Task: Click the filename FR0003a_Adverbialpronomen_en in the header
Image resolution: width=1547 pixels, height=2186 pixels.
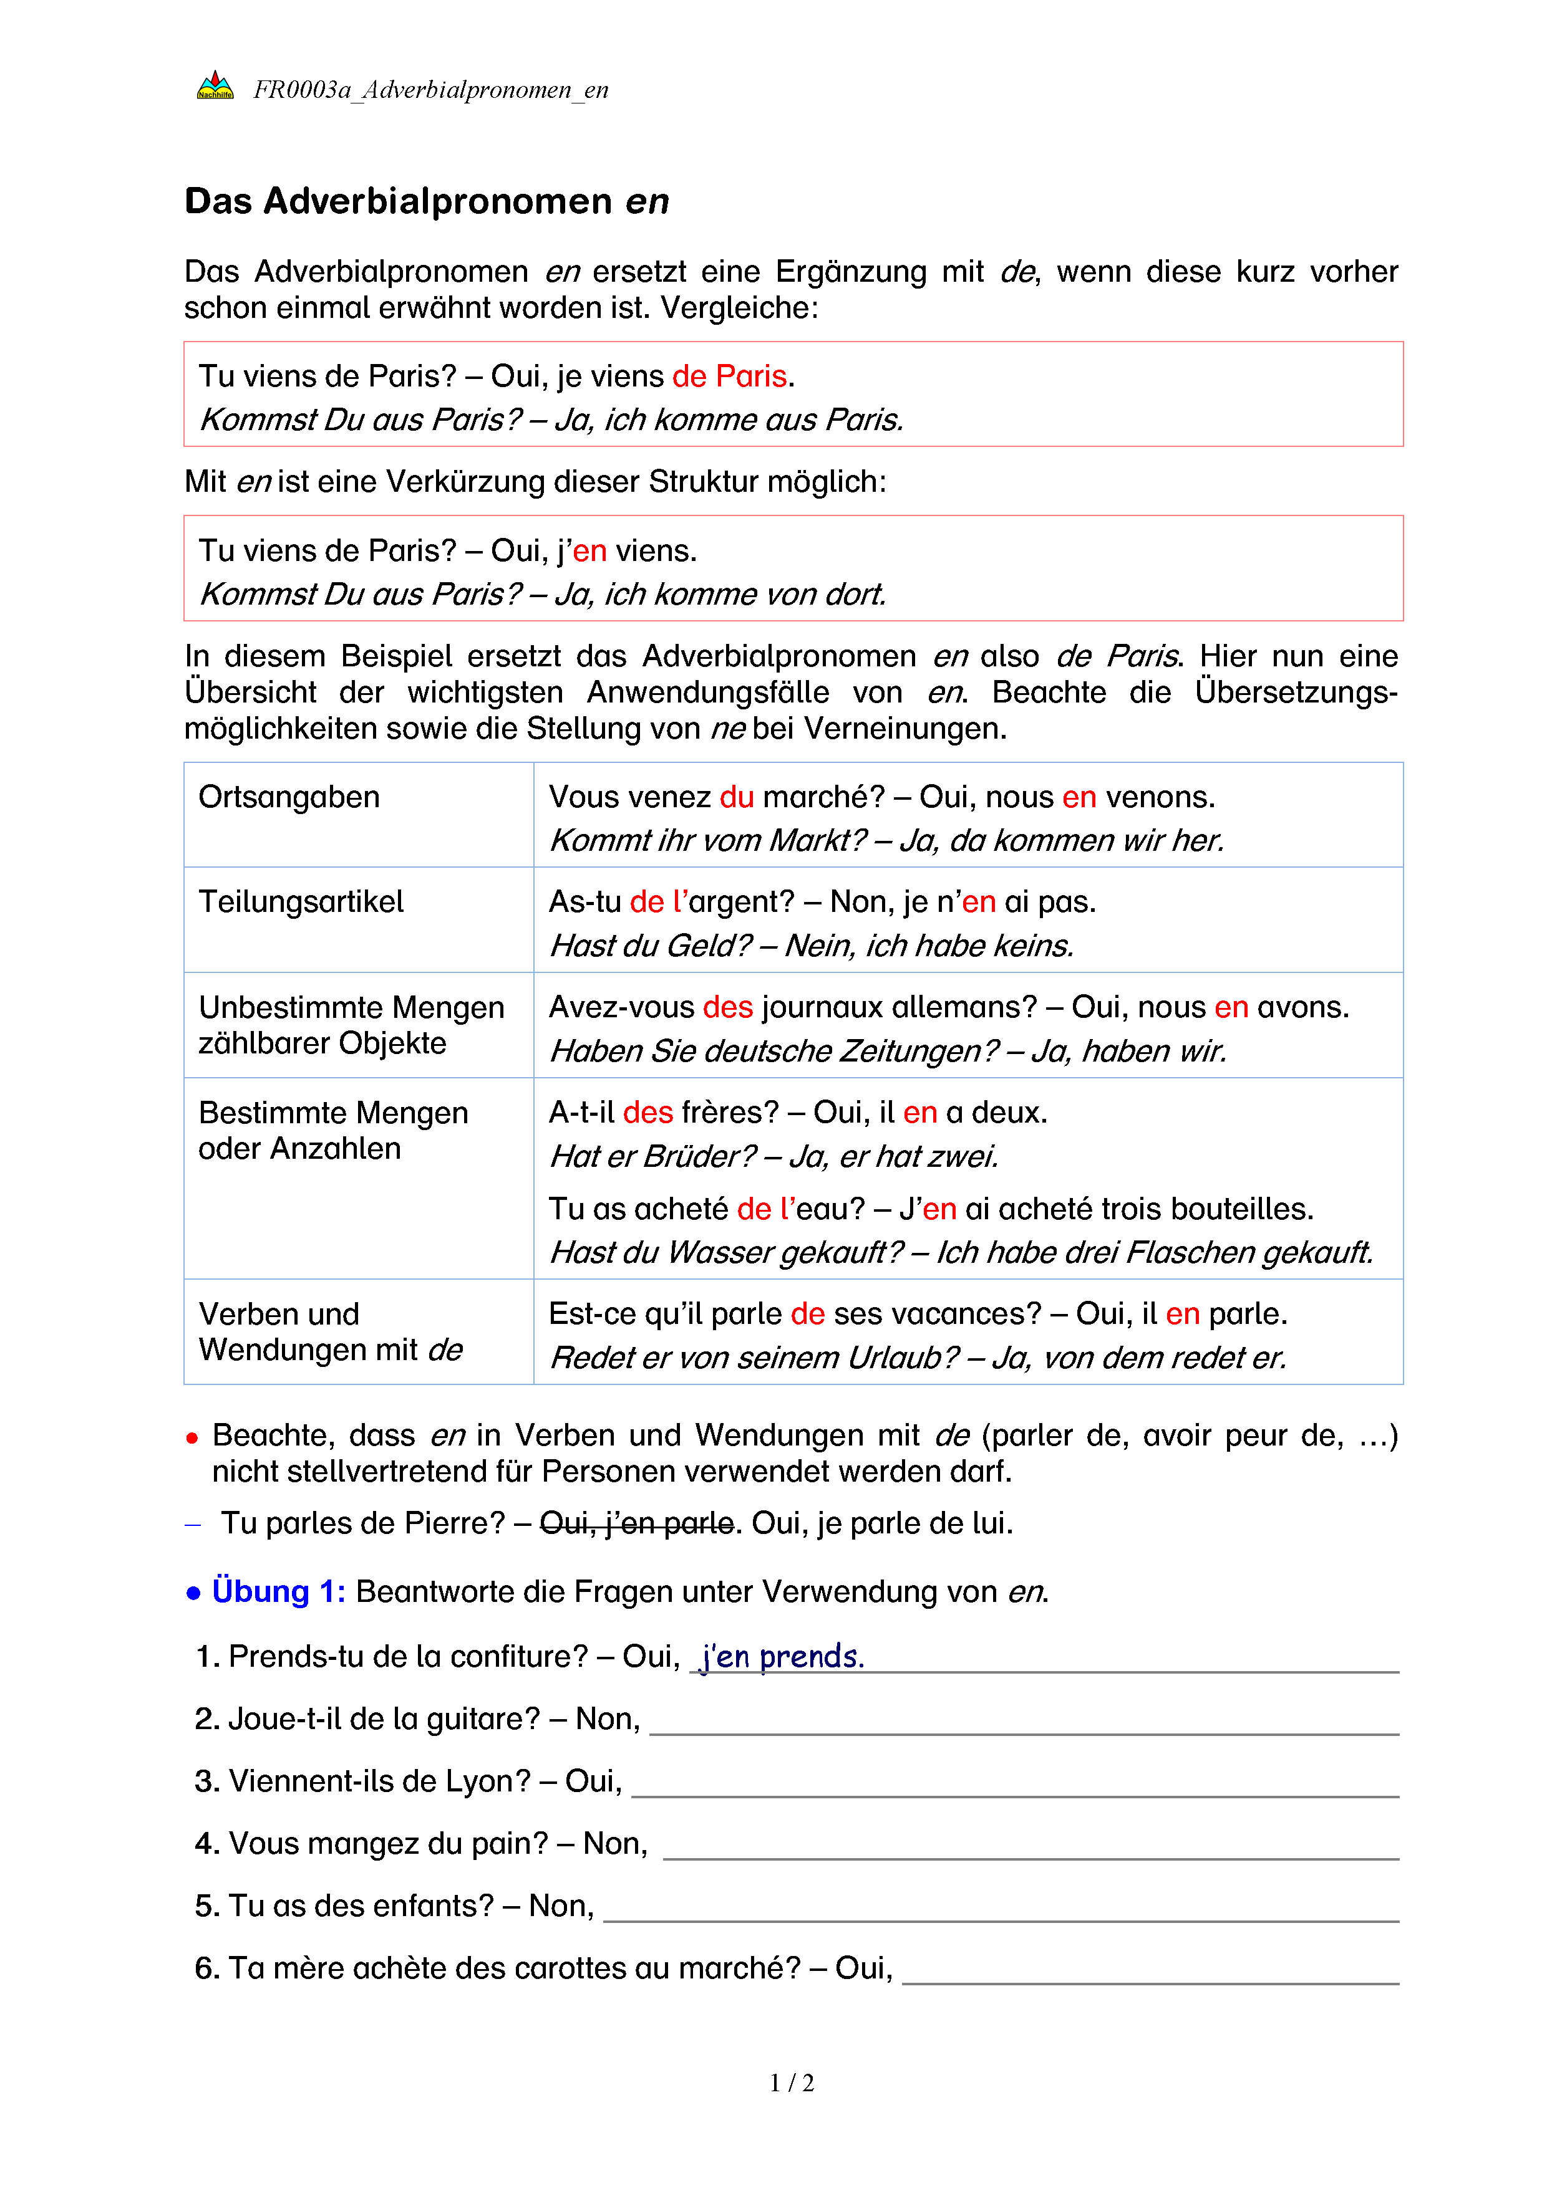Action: point(430,90)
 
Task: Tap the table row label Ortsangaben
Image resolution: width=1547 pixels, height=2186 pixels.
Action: point(289,797)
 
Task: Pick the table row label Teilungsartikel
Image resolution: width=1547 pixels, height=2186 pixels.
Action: point(301,901)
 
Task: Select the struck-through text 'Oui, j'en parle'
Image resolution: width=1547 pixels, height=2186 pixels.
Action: point(636,1523)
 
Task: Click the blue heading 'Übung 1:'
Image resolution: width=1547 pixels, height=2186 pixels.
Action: point(278,1592)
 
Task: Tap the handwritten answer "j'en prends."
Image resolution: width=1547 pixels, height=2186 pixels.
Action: point(781,1657)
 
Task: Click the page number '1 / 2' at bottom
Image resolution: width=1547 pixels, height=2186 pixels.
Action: point(792,2083)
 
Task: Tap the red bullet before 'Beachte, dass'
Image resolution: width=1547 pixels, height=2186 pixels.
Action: point(192,1437)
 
